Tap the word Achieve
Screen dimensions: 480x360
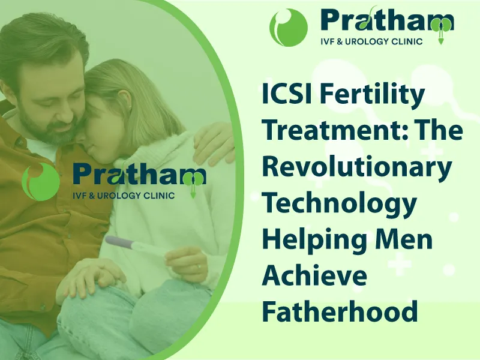click(x=314, y=276)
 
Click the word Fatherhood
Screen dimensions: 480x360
click(x=340, y=311)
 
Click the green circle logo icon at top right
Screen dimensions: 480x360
click(x=289, y=28)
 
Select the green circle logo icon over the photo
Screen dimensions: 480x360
click(x=41, y=182)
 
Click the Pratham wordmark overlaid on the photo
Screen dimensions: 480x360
click(x=140, y=175)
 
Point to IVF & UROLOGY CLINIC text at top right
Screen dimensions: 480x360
click(x=371, y=41)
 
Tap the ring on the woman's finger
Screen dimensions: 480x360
click(x=199, y=266)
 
